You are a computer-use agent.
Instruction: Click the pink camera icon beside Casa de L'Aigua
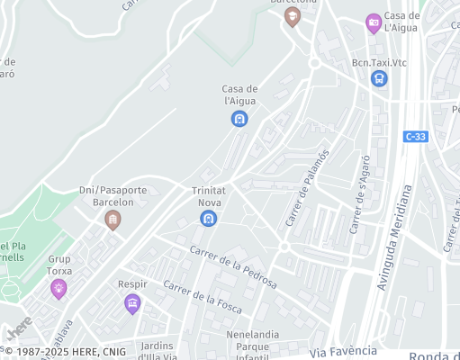click(x=374, y=23)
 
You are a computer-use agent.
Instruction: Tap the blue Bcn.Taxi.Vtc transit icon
click(x=379, y=78)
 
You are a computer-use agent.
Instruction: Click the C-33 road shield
click(x=416, y=136)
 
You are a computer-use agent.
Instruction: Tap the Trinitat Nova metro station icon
click(x=209, y=219)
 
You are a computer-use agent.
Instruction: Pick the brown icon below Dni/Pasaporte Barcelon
click(x=113, y=220)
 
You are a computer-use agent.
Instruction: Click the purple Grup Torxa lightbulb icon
click(x=59, y=288)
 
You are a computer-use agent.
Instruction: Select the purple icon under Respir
click(x=132, y=303)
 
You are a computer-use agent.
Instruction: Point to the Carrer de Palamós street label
click(x=308, y=187)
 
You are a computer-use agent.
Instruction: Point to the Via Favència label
click(x=343, y=351)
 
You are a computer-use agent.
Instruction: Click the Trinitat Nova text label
click(x=209, y=196)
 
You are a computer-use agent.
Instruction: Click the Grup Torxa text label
click(x=60, y=264)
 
